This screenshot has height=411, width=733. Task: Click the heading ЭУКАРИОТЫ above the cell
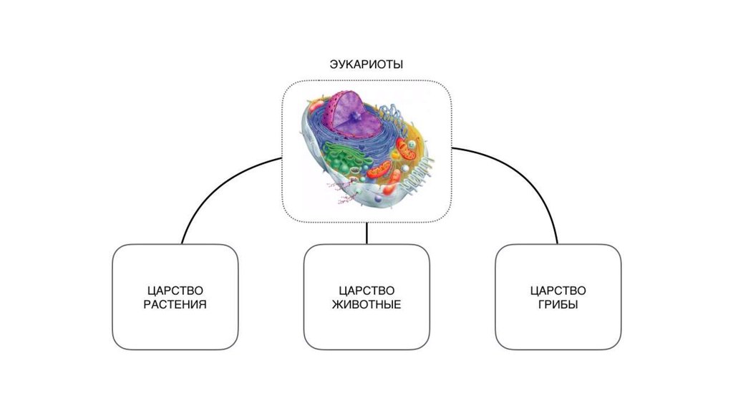coord(366,64)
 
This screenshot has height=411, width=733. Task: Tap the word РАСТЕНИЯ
coord(175,305)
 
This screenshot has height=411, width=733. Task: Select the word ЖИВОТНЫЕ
coord(366,305)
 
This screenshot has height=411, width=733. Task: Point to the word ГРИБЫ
coord(558,305)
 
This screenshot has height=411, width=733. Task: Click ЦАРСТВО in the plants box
coord(175,291)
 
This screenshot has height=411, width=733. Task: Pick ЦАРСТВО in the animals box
coord(366,291)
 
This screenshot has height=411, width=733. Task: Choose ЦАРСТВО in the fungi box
coord(558,291)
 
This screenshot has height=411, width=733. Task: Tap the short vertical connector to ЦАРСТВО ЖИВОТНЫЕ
coord(366,233)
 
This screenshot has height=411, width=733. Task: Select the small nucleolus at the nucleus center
coord(356,115)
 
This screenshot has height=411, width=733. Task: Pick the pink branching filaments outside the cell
coord(343,193)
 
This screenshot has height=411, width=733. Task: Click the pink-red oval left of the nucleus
coord(316,106)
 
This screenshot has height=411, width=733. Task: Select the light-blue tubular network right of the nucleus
coord(393,115)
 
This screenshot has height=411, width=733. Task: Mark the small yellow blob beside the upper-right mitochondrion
coord(395,155)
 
